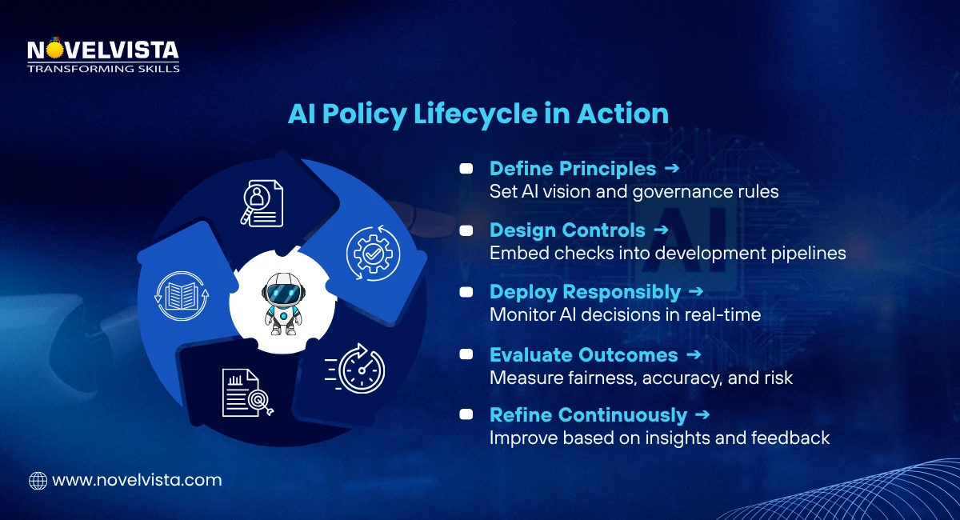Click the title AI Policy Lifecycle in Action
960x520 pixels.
tap(478, 114)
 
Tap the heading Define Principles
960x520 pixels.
tap(573, 169)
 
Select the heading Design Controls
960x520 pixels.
tap(567, 230)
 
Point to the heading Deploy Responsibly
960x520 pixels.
tap(585, 292)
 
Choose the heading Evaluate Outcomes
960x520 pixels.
tap(583, 354)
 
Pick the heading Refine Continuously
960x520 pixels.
tap(588, 415)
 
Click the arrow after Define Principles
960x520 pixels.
tap(672, 169)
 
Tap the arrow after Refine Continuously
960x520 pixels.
tap(702, 415)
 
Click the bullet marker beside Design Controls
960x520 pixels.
tap(465, 230)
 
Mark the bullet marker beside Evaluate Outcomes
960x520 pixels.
tap(465, 354)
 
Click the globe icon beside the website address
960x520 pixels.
tap(38, 481)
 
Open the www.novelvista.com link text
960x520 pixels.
tap(137, 481)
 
